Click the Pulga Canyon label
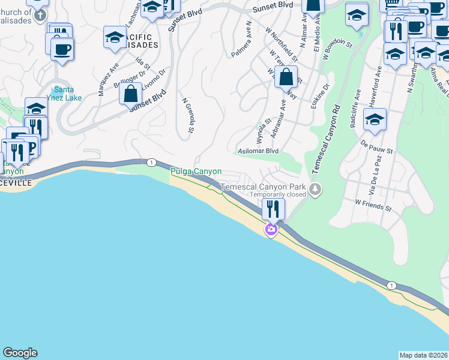[196, 172]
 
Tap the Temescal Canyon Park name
[263, 187]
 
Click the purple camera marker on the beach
[271, 230]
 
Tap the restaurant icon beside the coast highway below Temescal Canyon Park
[273, 209]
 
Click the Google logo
[20, 353]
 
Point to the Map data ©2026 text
[423, 355]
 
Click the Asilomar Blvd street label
[259, 151]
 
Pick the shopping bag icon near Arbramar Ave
[287, 77]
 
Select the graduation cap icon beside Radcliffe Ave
[375, 121]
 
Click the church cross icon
[40, 14]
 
